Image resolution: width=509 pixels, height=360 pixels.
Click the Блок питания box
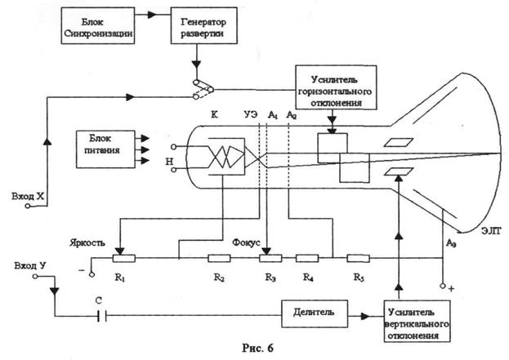[x=102, y=145]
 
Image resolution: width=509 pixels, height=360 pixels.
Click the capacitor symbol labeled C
[x=101, y=313]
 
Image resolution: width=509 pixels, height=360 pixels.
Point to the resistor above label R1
[x=123, y=258]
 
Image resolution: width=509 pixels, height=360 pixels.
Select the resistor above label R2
[x=218, y=258]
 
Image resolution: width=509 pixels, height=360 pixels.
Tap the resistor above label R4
[x=308, y=258]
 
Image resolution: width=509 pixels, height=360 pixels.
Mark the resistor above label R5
[x=357, y=258]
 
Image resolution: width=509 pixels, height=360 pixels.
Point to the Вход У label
[x=33, y=266]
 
